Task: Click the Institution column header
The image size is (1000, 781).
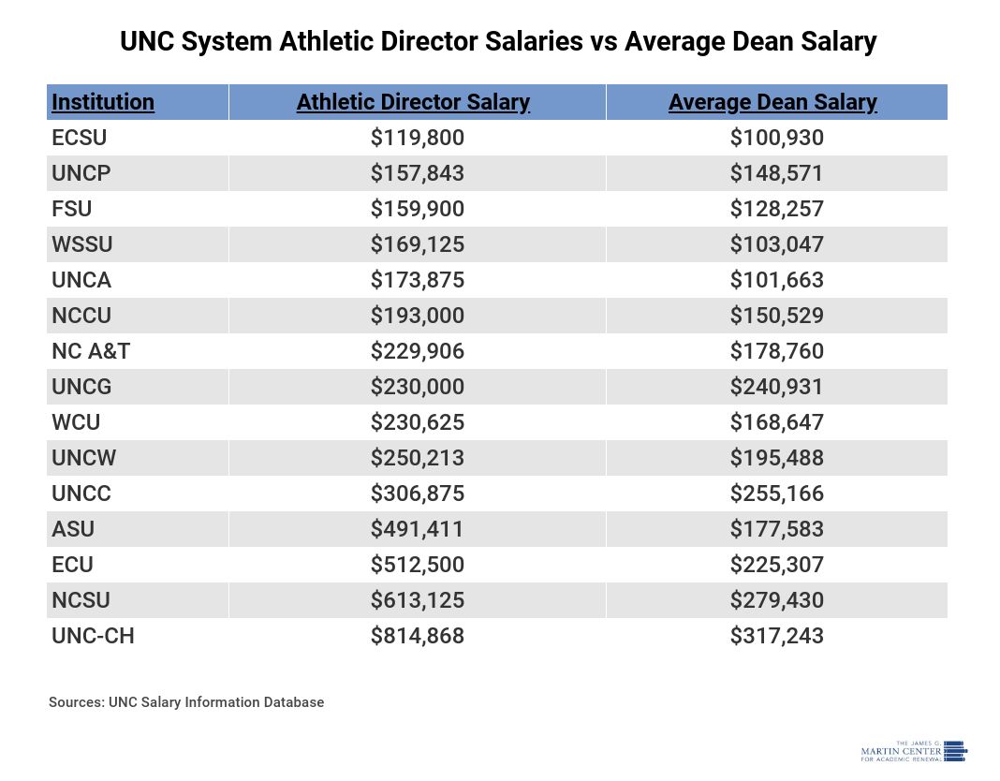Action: point(103,102)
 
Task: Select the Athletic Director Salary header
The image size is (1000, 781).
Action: point(413,102)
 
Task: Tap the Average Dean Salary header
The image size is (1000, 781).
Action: point(772,102)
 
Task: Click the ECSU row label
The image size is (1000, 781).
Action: point(80,138)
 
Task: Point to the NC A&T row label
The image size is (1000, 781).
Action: point(92,351)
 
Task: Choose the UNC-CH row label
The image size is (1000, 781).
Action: point(94,636)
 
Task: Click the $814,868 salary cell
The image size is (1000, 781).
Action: point(418,636)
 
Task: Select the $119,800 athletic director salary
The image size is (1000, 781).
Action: point(418,138)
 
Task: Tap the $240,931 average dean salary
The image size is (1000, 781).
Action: point(777,387)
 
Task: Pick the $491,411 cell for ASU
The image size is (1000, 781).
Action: point(418,529)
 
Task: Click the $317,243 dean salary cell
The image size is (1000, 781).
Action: point(777,636)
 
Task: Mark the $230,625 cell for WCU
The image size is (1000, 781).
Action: point(418,422)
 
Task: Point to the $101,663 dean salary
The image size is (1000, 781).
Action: point(777,280)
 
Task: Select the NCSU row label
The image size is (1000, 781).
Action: point(81,600)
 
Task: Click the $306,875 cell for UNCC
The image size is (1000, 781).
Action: point(418,494)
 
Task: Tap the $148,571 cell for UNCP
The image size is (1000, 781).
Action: point(777,173)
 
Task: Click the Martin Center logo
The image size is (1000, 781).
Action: point(913,751)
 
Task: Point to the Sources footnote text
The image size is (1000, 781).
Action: point(186,702)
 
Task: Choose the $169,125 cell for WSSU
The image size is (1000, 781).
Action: point(418,244)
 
